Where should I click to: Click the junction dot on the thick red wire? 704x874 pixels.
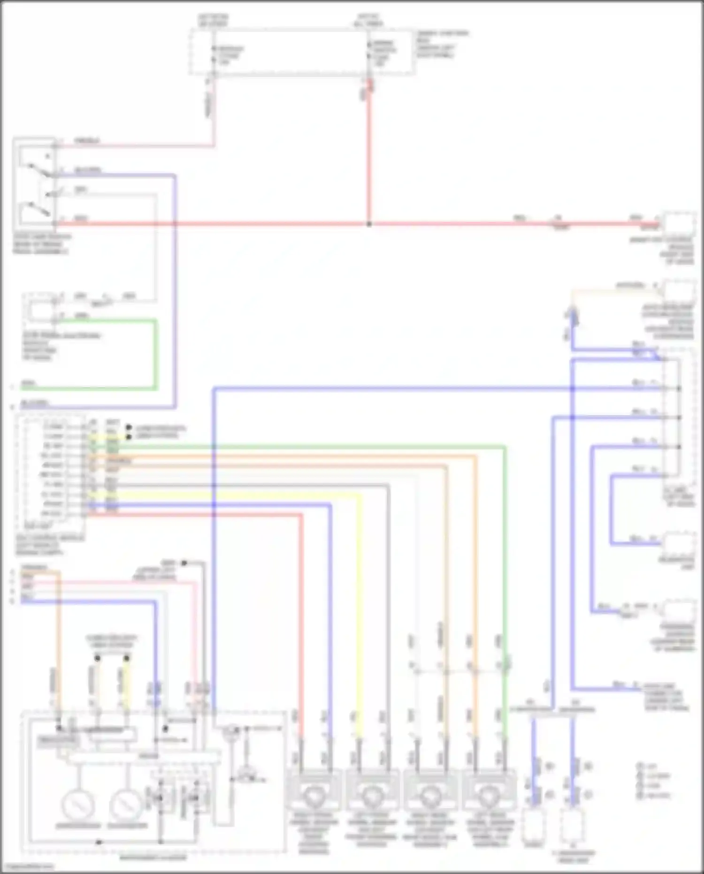click(369, 224)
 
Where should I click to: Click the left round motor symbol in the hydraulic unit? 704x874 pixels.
click(78, 805)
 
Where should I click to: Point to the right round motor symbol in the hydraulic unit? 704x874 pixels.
click(126, 805)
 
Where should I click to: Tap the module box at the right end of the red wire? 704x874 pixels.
click(678, 224)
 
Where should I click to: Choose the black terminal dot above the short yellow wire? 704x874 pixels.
click(126, 658)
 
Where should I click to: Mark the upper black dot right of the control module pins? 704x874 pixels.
click(129, 428)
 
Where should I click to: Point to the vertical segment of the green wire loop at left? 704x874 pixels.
click(155, 355)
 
